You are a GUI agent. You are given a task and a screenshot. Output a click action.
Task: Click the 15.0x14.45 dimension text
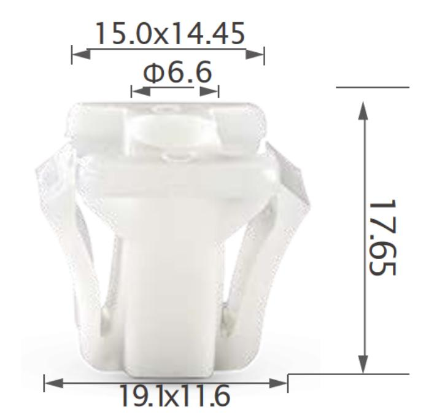pos(168,33)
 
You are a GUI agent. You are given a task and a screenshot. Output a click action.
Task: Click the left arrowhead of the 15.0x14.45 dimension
pos(81,55)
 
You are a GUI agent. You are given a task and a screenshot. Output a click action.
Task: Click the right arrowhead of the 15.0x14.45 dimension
pos(255,55)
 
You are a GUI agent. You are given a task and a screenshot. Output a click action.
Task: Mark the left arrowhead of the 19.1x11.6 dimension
pos(55,384)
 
